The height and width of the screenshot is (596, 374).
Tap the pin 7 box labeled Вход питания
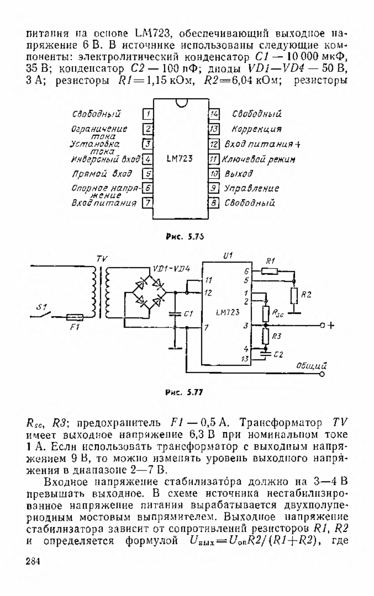tap(147, 203)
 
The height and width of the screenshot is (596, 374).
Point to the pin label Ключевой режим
tap(258, 159)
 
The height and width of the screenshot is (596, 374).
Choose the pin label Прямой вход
tap(102, 173)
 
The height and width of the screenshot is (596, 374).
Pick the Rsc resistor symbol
tap(266, 314)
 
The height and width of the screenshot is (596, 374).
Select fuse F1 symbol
tap(75, 317)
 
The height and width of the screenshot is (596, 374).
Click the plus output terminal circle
tap(322, 326)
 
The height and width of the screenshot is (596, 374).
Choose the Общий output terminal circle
tap(322, 374)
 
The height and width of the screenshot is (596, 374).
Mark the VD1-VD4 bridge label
tap(172, 269)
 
